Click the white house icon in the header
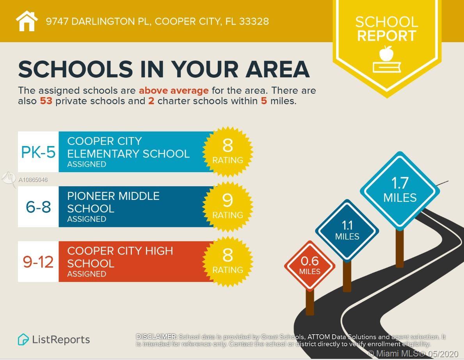(27, 21)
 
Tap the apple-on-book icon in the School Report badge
(386, 59)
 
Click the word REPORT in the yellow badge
(386, 36)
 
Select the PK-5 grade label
(38, 152)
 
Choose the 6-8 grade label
(38, 207)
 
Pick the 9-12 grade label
(38, 262)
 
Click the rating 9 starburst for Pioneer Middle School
(228, 206)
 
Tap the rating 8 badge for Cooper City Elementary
(228, 151)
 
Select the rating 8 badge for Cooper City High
(228, 261)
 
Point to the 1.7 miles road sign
(400, 190)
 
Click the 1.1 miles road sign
(347, 230)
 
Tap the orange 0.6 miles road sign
(309, 266)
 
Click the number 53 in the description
(46, 101)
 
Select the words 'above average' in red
(174, 91)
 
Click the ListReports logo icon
(23, 339)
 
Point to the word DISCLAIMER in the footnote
(156, 337)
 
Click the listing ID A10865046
(33, 180)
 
